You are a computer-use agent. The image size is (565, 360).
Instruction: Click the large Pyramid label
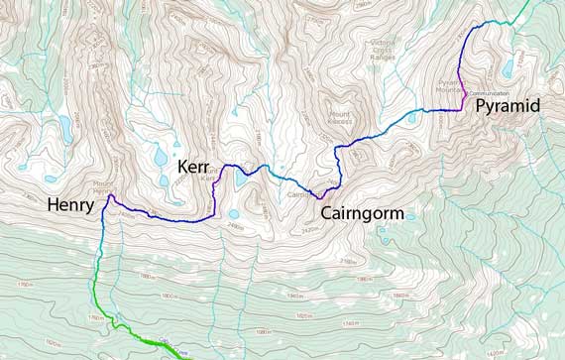(508, 105)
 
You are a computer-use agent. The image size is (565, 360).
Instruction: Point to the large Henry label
(70, 206)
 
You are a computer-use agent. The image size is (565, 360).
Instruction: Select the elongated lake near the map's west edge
(64, 128)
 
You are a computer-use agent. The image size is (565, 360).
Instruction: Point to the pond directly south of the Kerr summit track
(233, 214)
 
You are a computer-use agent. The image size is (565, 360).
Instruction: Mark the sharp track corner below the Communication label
(463, 108)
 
